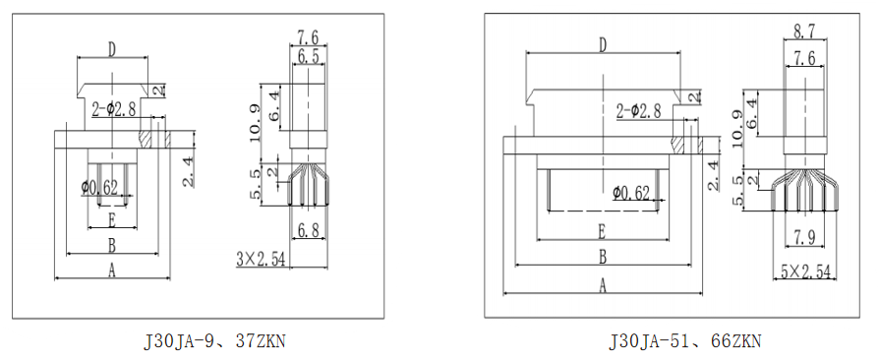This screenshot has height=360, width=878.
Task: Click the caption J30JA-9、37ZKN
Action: pos(215,341)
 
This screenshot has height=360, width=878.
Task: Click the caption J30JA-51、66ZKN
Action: pos(684,340)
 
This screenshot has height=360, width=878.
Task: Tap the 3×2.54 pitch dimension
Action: pos(261,260)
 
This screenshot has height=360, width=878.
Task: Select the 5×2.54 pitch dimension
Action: pos(806,272)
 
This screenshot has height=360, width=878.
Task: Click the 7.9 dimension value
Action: pos(804,238)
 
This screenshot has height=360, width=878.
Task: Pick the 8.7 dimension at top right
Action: pos(804,31)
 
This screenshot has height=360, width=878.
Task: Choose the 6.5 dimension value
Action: pos(308,56)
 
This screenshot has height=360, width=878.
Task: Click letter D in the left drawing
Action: pos(112,50)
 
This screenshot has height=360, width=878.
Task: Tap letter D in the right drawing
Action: pos(603,45)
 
